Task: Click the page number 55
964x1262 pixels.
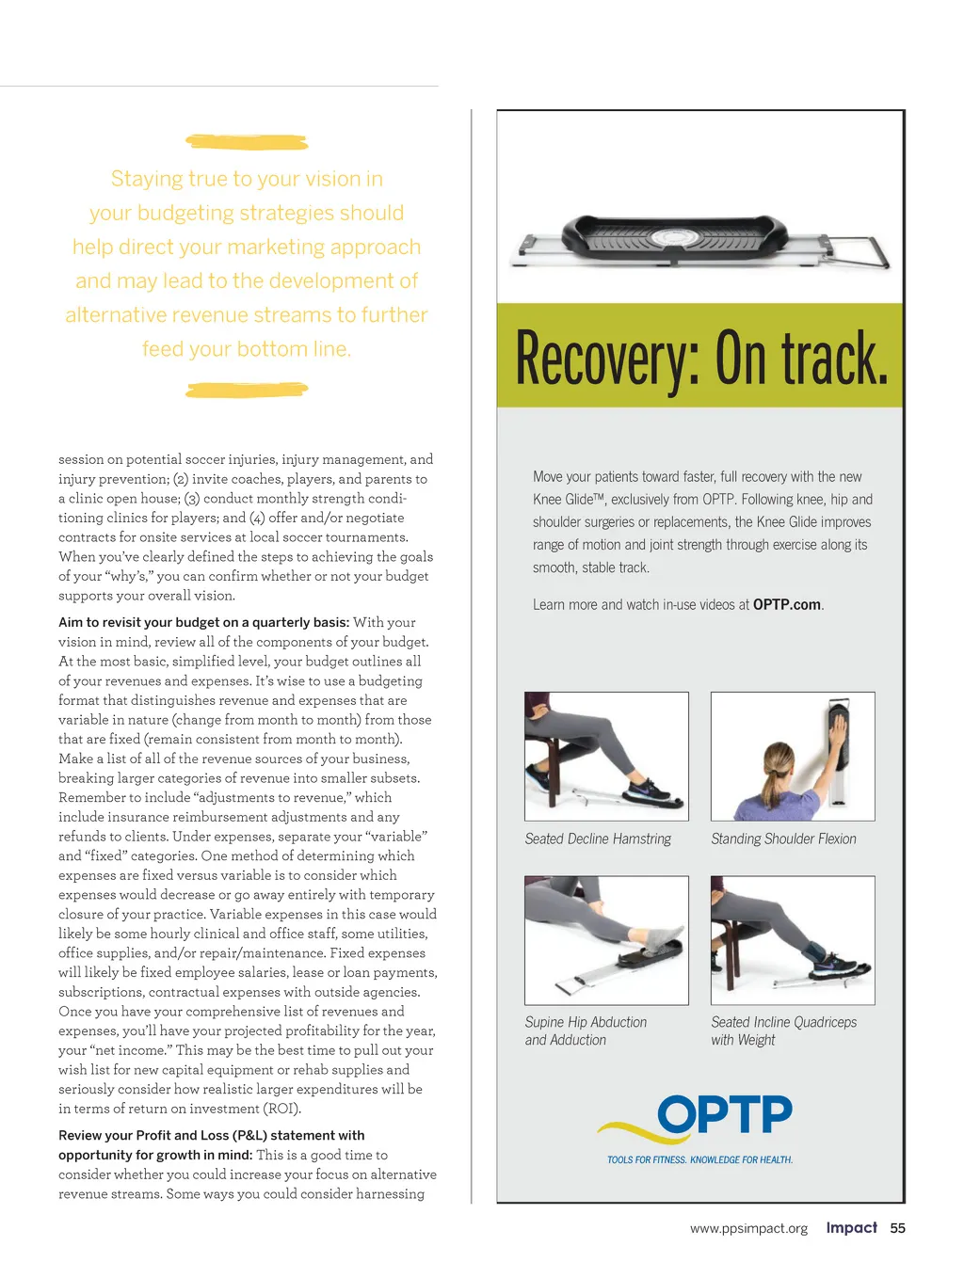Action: click(897, 1228)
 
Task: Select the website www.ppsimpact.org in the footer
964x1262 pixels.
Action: click(748, 1229)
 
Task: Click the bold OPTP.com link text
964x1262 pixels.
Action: click(786, 605)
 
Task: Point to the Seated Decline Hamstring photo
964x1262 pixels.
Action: click(606, 756)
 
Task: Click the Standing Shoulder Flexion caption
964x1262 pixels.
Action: click(783, 839)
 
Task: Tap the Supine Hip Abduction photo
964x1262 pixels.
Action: click(606, 940)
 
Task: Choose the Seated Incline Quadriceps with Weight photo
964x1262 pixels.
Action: click(793, 940)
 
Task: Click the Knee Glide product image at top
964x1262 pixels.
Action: click(699, 243)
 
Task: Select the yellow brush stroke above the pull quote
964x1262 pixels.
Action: click(247, 142)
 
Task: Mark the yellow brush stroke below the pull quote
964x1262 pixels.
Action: click(247, 390)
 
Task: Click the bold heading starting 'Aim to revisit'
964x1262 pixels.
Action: click(203, 623)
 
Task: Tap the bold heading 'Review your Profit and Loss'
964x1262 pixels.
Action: click(211, 1136)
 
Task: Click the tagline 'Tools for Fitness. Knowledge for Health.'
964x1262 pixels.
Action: click(699, 1160)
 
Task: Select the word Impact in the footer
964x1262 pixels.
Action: click(851, 1228)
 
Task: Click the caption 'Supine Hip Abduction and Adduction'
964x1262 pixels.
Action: click(586, 1031)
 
